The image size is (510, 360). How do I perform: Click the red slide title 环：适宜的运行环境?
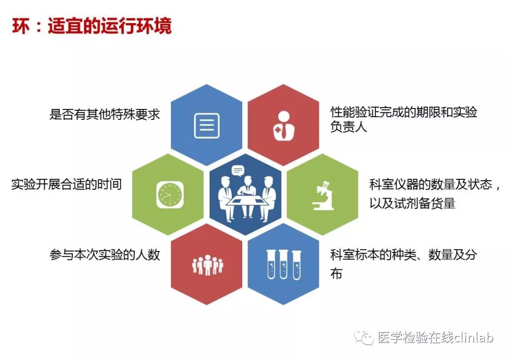coord(92,26)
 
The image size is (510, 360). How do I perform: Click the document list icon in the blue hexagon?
coord(207,126)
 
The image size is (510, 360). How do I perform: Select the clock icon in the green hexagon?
coord(170,194)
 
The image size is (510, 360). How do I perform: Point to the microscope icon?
coord(323,196)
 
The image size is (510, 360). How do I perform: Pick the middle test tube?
coord(284,265)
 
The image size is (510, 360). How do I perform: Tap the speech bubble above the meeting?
coord(238,171)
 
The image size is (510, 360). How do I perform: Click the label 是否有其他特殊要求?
coord(105,114)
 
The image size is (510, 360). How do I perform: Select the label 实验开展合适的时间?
coord(67,184)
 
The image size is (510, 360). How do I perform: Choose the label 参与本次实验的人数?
coord(105,254)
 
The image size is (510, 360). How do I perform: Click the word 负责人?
coord(348,127)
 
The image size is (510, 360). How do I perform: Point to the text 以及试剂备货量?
coord(412,203)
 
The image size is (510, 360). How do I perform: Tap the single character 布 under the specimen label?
coord(336,274)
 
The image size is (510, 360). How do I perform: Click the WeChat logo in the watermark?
coord(364,338)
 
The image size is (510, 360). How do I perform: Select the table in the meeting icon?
coord(248,201)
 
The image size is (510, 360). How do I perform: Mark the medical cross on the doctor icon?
coord(278,130)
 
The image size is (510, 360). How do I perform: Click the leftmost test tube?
coord(271,265)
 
